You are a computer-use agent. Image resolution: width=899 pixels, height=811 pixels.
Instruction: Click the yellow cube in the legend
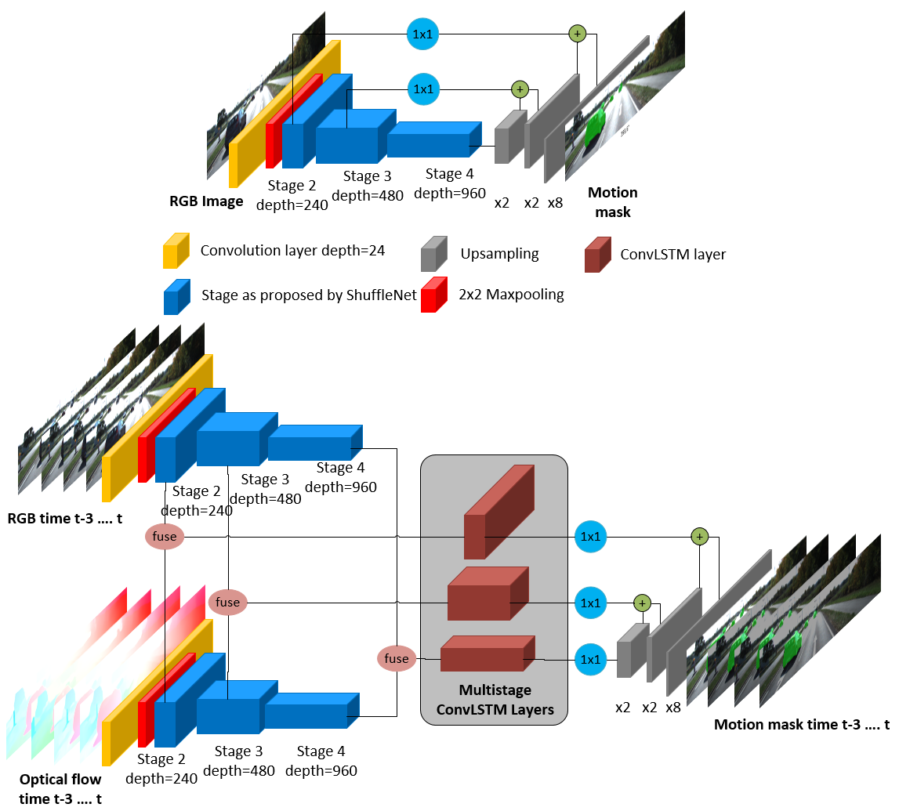coord(176,251)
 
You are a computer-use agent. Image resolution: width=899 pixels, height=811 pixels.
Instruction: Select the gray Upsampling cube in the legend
coord(434,253)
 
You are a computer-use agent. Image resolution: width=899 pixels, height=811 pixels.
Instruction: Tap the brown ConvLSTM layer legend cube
coord(598,255)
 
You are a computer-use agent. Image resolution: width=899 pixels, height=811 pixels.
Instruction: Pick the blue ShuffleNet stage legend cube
coord(176,297)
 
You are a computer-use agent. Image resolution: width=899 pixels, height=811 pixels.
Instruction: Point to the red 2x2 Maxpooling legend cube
coord(434,295)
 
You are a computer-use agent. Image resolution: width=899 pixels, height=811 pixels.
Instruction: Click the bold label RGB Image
coord(206,201)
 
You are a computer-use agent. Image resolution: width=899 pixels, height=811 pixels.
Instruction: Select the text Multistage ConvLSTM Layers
coord(495,700)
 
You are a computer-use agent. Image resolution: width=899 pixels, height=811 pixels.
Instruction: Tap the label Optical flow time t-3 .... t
coord(60,788)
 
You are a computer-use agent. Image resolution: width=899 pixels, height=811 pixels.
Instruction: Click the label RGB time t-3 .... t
coord(65,519)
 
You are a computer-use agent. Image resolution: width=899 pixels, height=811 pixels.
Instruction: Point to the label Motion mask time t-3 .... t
coord(802,725)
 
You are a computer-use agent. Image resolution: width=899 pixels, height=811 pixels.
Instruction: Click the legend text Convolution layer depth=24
coord(292,251)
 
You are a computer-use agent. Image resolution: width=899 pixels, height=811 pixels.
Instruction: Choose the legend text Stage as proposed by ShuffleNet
coord(309,295)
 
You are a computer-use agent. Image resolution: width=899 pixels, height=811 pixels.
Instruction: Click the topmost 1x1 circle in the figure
coord(422,34)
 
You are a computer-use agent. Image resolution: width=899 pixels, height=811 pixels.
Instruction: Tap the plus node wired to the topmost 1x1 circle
coord(578,34)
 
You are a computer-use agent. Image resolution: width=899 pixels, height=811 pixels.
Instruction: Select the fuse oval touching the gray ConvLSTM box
coord(397,659)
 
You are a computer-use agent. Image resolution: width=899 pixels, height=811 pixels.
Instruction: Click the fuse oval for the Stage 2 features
coord(165,537)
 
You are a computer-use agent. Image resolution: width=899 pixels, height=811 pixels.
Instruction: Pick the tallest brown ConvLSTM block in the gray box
coord(498,512)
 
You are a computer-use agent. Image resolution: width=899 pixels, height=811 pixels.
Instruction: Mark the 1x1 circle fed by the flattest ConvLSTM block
coord(590,660)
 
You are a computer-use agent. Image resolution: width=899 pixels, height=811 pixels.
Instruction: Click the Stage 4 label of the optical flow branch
coord(321,751)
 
